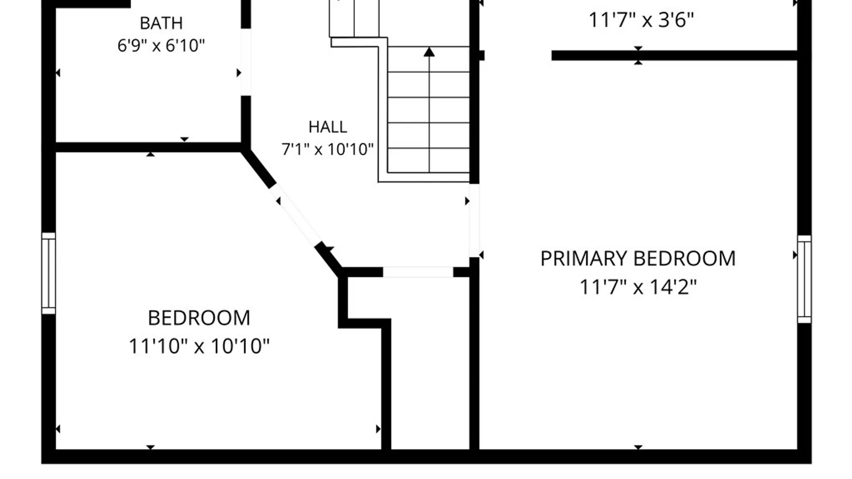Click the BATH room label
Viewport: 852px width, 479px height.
[x=161, y=23]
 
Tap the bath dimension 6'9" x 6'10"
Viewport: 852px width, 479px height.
[x=161, y=45]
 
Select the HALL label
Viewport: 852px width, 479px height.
[x=327, y=127]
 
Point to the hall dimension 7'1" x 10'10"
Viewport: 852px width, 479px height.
[x=327, y=149]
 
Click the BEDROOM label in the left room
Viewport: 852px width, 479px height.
[x=199, y=318]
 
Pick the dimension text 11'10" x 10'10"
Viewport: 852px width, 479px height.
[x=199, y=346]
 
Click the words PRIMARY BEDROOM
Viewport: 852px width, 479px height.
[x=638, y=259]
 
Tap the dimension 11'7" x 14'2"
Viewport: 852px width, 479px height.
[x=638, y=287]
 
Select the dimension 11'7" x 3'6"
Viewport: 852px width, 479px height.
[x=641, y=20]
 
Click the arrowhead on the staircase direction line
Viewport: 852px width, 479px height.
[x=429, y=52]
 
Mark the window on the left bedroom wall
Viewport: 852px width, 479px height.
[x=48, y=273]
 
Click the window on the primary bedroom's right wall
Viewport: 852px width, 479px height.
[x=805, y=279]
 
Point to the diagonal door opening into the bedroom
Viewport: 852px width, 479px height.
[x=295, y=215]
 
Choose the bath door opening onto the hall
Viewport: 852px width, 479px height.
[x=246, y=62]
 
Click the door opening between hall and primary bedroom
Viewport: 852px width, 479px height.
[x=474, y=220]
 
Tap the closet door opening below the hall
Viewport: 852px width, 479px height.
[x=418, y=272]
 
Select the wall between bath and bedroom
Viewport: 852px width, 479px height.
[x=148, y=147]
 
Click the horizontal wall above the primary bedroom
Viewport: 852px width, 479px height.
[x=674, y=55]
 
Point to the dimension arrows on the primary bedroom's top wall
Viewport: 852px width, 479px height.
[x=638, y=55]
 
